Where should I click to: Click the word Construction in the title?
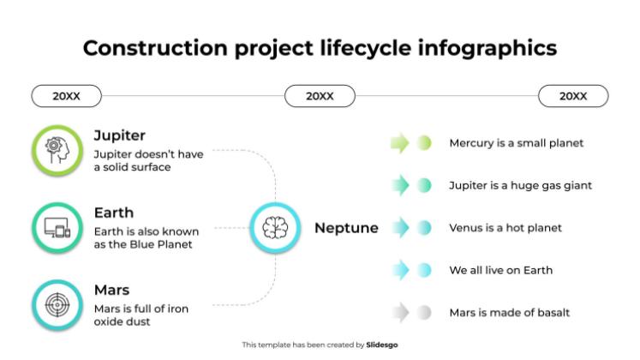pyautogui.click(x=155, y=48)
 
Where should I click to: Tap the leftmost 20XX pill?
pyautogui.click(x=66, y=96)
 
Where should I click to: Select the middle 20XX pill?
pyautogui.click(x=320, y=96)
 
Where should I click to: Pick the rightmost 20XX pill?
pyautogui.click(x=573, y=96)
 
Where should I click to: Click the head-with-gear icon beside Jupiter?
pyautogui.click(x=57, y=150)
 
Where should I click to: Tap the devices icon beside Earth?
pyautogui.click(x=57, y=228)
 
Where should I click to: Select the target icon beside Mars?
pyautogui.click(x=57, y=305)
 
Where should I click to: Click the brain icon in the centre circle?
pyautogui.click(x=275, y=228)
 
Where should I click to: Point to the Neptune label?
pyautogui.click(x=346, y=228)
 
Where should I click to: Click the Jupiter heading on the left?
pyautogui.click(x=120, y=135)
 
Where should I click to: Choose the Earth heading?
pyautogui.click(x=114, y=213)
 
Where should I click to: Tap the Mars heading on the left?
pyautogui.click(x=112, y=290)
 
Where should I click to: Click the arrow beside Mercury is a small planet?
pyautogui.click(x=399, y=143)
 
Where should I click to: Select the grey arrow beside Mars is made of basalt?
pyautogui.click(x=400, y=313)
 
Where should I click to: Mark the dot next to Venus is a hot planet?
pyautogui.click(x=424, y=228)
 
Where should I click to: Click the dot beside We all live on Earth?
pyautogui.click(x=424, y=270)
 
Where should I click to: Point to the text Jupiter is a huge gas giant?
pyautogui.click(x=520, y=186)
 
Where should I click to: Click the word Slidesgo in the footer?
pyautogui.click(x=381, y=345)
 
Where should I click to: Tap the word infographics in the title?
pyautogui.click(x=487, y=48)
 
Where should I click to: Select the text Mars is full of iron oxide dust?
pyautogui.click(x=141, y=315)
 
